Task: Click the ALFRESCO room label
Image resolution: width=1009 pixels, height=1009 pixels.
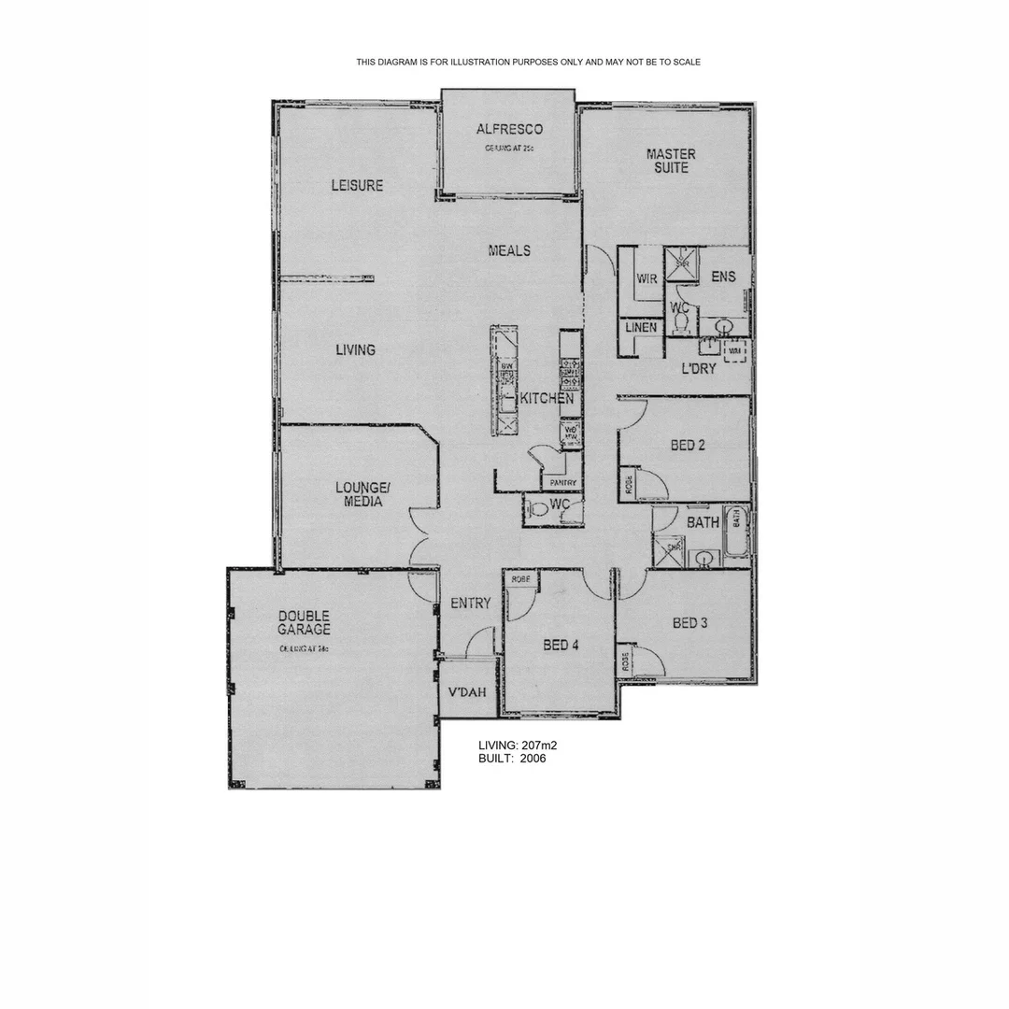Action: (x=508, y=129)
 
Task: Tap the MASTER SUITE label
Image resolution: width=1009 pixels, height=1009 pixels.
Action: (x=671, y=161)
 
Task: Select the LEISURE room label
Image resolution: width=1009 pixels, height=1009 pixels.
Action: (x=357, y=185)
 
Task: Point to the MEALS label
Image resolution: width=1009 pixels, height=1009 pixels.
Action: (x=509, y=250)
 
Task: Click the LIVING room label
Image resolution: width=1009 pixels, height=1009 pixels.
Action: (x=355, y=349)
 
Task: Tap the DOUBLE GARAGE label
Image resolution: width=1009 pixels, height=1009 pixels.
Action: (x=304, y=622)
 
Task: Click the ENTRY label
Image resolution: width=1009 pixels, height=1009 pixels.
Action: (x=470, y=604)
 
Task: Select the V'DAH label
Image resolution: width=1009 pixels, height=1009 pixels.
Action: (x=467, y=693)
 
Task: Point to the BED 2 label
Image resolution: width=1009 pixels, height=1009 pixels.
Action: (x=688, y=445)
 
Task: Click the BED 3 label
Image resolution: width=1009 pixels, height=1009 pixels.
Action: (x=689, y=622)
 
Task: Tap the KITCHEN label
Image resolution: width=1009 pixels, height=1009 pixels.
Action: (x=547, y=399)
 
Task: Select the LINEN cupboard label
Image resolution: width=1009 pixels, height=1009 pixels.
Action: (x=640, y=328)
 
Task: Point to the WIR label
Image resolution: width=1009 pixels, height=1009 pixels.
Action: (x=647, y=278)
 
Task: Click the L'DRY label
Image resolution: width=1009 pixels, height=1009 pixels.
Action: (x=698, y=368)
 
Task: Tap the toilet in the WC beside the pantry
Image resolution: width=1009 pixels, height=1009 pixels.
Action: (x=538, y=510)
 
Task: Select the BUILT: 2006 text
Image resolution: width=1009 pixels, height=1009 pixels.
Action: (x=512, y=759)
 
